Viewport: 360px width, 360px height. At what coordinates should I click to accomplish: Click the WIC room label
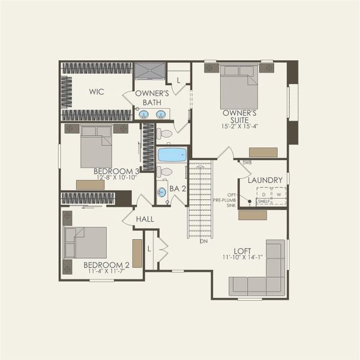pos(97,92)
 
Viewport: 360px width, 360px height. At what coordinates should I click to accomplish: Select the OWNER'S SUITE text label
pos(239,116)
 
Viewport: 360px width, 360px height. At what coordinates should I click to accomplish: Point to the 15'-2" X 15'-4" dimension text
pos(239,127)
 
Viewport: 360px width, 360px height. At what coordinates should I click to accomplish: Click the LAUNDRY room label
pos(265,180)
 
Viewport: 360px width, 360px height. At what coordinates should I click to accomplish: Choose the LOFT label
pos(242,251)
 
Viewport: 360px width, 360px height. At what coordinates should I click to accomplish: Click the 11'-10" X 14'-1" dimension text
pos(242,259)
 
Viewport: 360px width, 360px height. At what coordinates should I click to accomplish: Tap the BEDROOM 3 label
pos(116,172)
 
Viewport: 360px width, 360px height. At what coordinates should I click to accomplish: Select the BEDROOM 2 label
pos(106,265)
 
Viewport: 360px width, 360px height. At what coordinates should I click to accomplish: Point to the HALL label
pos(145,220)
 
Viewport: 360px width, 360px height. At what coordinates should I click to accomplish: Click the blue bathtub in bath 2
pos(172,155)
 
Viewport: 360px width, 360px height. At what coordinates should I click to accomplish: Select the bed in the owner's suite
pos(239,88)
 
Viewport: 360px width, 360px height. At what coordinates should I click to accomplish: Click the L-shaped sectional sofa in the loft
pos(264,276)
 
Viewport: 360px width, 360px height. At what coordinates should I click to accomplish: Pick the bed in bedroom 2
pos(86,242)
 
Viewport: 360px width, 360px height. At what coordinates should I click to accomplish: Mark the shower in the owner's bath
pos(149,70)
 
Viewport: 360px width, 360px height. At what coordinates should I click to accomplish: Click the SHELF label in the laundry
pos(263,202)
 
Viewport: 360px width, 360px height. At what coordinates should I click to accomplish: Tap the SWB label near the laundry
pos(247,163)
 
